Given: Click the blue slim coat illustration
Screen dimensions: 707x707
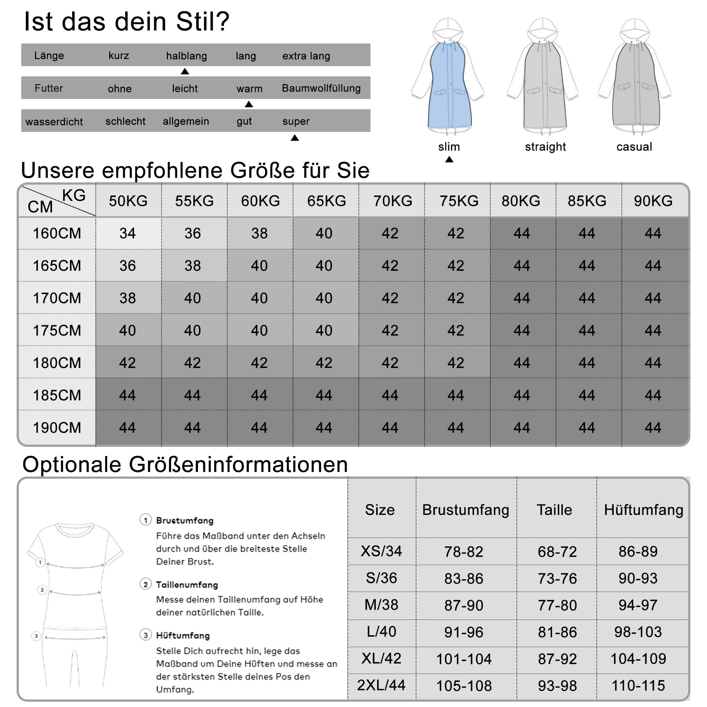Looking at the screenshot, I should pos(449,88).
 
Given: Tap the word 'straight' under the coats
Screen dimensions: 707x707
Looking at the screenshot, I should pos(545,147).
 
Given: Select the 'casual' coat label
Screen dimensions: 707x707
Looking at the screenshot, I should pos(634,147).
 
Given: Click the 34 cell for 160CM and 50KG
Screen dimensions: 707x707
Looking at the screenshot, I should pos(128,233).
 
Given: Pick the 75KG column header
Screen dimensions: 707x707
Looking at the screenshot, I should pos(459,201).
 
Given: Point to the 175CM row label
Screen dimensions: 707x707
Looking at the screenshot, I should pos(57,331).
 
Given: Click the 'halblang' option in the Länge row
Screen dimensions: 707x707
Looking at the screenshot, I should pos(187,55).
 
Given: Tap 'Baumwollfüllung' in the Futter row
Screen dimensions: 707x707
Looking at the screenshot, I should pos(321,88).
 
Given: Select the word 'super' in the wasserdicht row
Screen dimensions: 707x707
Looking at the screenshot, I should pos(296,121).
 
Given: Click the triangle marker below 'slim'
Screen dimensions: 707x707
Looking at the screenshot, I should pos(449,159).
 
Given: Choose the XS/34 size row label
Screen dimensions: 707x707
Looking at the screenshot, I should pos(381,551).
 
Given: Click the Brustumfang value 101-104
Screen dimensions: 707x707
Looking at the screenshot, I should pos(464,659).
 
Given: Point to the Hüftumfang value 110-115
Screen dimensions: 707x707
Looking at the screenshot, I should pos(638,685).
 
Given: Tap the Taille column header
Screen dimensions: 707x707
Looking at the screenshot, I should pos(554,510).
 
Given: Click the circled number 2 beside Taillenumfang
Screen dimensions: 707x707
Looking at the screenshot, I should pos(146,584).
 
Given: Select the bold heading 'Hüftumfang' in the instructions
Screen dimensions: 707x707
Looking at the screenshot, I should pos(183,635).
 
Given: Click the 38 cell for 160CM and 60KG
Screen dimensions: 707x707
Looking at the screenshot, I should pos(259,233).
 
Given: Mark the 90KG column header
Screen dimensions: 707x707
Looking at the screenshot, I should pos(653,201).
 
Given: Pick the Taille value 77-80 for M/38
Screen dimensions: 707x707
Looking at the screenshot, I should pos(557,605).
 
